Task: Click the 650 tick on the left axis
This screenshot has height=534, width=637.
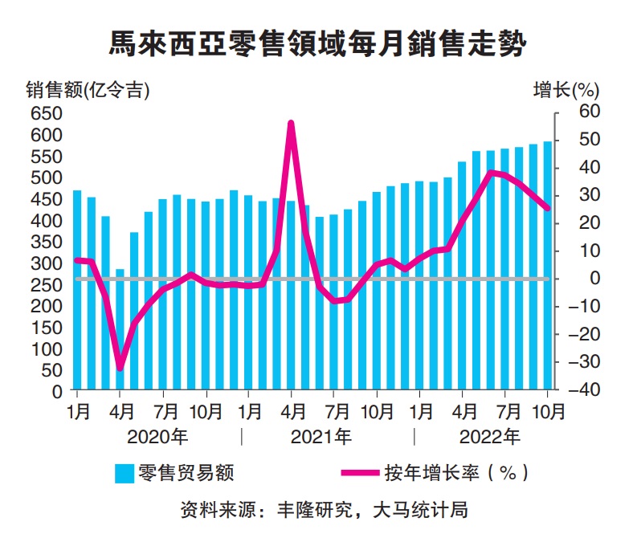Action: click(46, 113)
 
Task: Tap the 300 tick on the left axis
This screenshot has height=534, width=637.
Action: click(46, 263)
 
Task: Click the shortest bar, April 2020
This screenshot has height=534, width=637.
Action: click(120, 330)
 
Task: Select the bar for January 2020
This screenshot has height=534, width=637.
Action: click(77, 291)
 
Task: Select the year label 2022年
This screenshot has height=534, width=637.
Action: click(490, 437)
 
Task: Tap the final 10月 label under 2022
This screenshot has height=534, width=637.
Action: click(548, 414)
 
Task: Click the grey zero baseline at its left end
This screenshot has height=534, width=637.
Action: click(76, 279)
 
